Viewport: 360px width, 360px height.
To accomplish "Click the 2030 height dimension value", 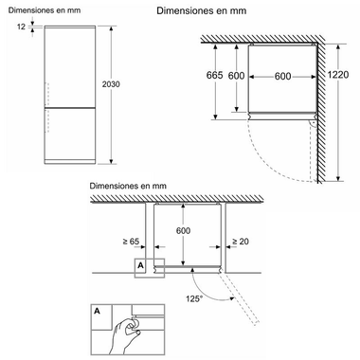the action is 111,84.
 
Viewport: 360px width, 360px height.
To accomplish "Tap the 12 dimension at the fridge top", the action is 21,27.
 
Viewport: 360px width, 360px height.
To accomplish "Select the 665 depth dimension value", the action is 214,75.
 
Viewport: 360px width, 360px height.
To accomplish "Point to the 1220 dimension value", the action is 338,75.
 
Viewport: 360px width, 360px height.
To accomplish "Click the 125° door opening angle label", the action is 194,298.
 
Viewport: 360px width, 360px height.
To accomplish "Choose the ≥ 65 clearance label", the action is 131,242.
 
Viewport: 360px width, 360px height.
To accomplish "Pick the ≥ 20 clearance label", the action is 241,242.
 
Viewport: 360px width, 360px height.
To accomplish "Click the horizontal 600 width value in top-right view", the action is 282,76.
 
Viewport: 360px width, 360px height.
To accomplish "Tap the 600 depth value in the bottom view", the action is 183,231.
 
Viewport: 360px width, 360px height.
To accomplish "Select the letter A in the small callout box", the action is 140,265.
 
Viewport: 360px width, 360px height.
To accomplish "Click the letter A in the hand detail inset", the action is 97,311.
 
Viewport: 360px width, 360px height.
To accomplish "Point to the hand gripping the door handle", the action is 126,334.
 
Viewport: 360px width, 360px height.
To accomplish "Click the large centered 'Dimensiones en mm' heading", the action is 202,10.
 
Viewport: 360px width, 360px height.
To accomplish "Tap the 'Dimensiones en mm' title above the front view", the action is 45,10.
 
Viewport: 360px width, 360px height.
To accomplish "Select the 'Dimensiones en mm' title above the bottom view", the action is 128,186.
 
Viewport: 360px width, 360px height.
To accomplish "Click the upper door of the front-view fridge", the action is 70,67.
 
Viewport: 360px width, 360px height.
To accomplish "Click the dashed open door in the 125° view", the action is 240,297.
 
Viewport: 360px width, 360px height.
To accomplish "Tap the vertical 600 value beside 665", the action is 236,76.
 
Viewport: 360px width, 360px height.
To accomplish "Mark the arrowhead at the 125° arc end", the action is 231,298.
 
